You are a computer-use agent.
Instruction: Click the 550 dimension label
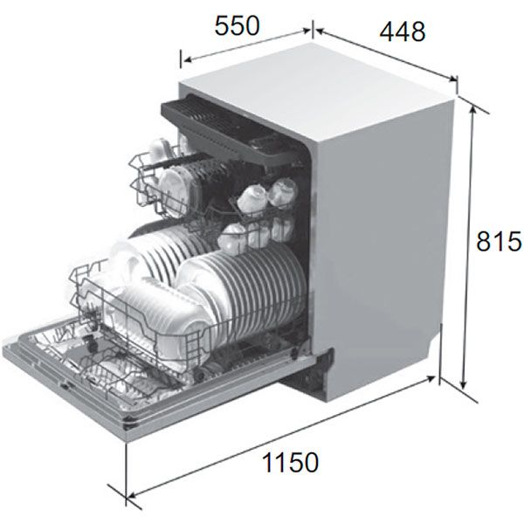click(x=237, y=26)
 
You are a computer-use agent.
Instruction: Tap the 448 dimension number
click(x=403, y=31)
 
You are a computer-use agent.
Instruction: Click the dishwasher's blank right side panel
click(x=384, y=245)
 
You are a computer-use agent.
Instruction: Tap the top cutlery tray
click(x=227, y=122)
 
